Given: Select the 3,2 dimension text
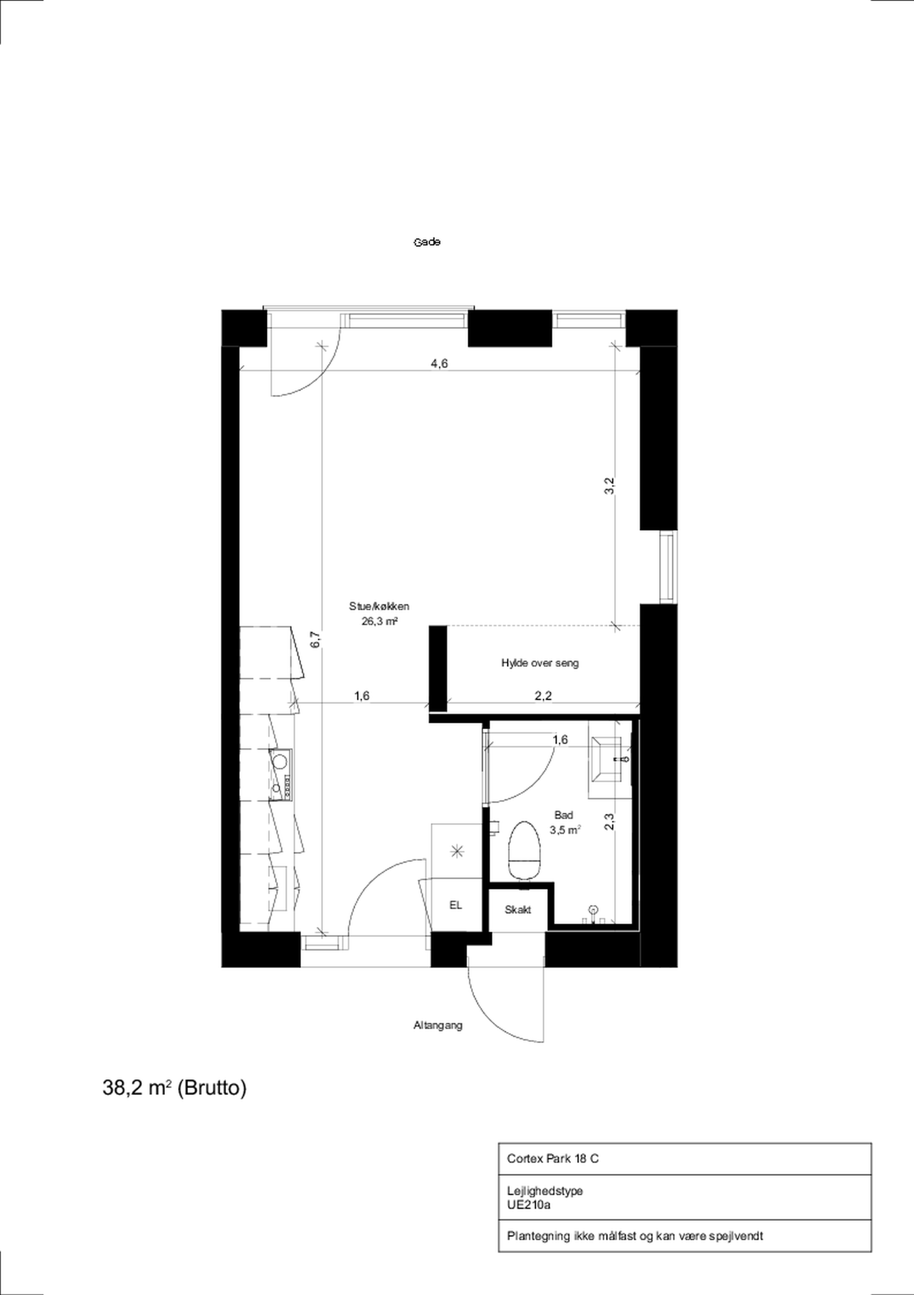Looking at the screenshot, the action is [x=609, y=486].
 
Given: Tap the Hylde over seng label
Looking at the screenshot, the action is [x=540, y=663].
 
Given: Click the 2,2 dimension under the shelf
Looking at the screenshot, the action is [x=543, y=696].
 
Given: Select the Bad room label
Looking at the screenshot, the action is [x=564, y=815].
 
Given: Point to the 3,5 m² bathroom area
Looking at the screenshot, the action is [x=565, y=830].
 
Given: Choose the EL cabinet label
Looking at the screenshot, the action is [x=455, y=905].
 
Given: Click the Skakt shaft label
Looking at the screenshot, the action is [x=518, y=910].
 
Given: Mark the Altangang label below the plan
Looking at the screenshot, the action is [x=438, y=1025].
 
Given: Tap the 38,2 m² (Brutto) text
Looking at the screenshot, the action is [x=174, y=1087].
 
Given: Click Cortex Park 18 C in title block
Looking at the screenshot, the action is [x=553, y=1159].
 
